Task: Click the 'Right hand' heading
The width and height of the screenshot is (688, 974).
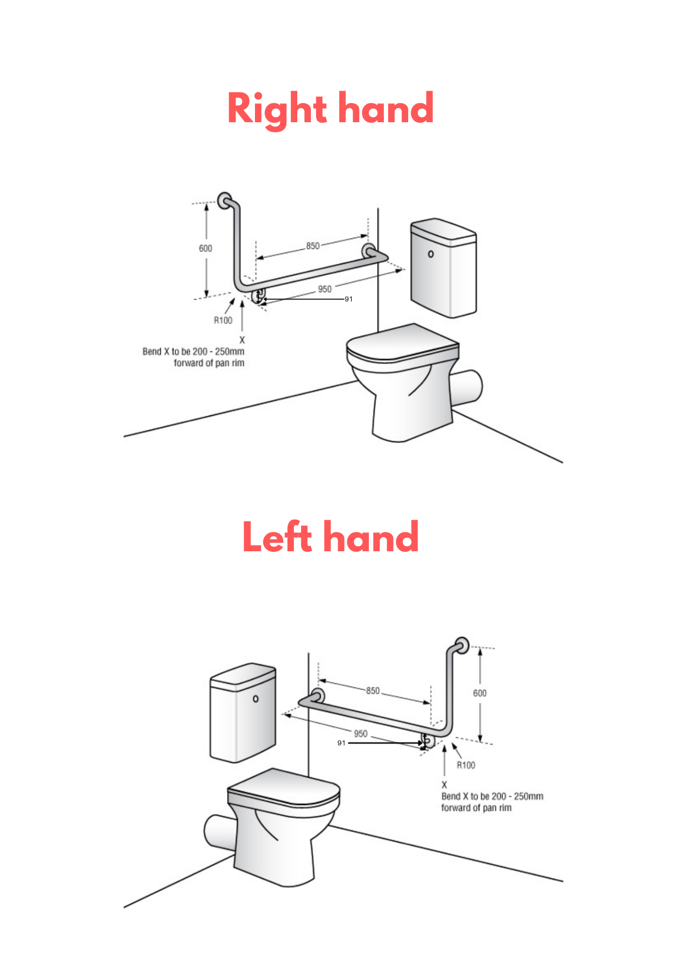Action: (330, 109)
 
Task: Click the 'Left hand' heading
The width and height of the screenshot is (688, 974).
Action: (330, 537)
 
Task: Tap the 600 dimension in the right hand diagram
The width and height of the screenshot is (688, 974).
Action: (205, 248)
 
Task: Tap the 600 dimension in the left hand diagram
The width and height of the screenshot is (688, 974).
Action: (480, 693)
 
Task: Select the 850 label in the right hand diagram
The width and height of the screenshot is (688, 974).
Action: (313, 246)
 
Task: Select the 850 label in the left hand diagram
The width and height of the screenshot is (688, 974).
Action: (373, 691)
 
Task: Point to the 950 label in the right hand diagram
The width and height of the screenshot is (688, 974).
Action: (325, 289)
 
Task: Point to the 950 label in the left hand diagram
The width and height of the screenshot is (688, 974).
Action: (361, 733)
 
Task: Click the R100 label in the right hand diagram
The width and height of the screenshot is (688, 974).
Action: (223, 320)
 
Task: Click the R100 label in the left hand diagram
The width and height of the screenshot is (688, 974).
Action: (466, 765)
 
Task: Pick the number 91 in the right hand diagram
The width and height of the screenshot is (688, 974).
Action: (348, 299)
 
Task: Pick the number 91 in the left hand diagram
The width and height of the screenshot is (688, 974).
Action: (341, 743)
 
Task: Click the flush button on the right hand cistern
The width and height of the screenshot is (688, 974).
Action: (431, 254)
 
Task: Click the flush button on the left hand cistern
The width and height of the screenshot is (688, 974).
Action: (256, 699)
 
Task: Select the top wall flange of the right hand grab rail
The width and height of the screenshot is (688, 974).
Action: (224, 200)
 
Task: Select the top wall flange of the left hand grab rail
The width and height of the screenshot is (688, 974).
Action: (462, 645)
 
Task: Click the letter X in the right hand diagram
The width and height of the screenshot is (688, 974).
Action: (242, 340)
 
